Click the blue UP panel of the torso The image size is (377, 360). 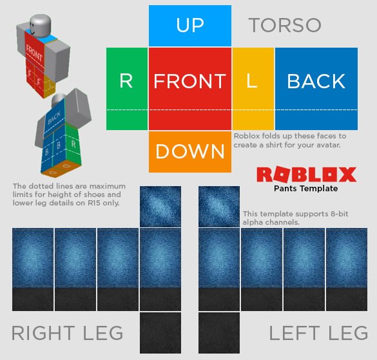[x=190, y=26]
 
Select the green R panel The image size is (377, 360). [x=127, y=89]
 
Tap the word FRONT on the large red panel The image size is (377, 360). [x=189, y=81]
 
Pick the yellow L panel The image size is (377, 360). [x=253, y=89]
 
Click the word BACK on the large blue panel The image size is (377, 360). [x=316, y=81]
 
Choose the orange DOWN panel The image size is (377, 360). [x=190, y=151]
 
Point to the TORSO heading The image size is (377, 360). [x=285, y=25]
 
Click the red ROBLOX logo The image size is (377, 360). [x=307, y=175]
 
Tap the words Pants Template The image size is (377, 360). [x=306, y=189]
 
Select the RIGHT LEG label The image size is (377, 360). [x=67, y=333]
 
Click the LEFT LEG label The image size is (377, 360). [x=318, y=333]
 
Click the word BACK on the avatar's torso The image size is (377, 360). [x=54, y=118]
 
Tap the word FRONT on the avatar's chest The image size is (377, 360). [x=34, y=53]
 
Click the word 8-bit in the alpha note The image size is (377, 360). [x=339, y=214]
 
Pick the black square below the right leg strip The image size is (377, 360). [x=160, y=333]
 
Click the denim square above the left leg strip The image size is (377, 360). [x=219, y=207]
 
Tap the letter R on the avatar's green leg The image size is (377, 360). [x=73, y=144]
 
